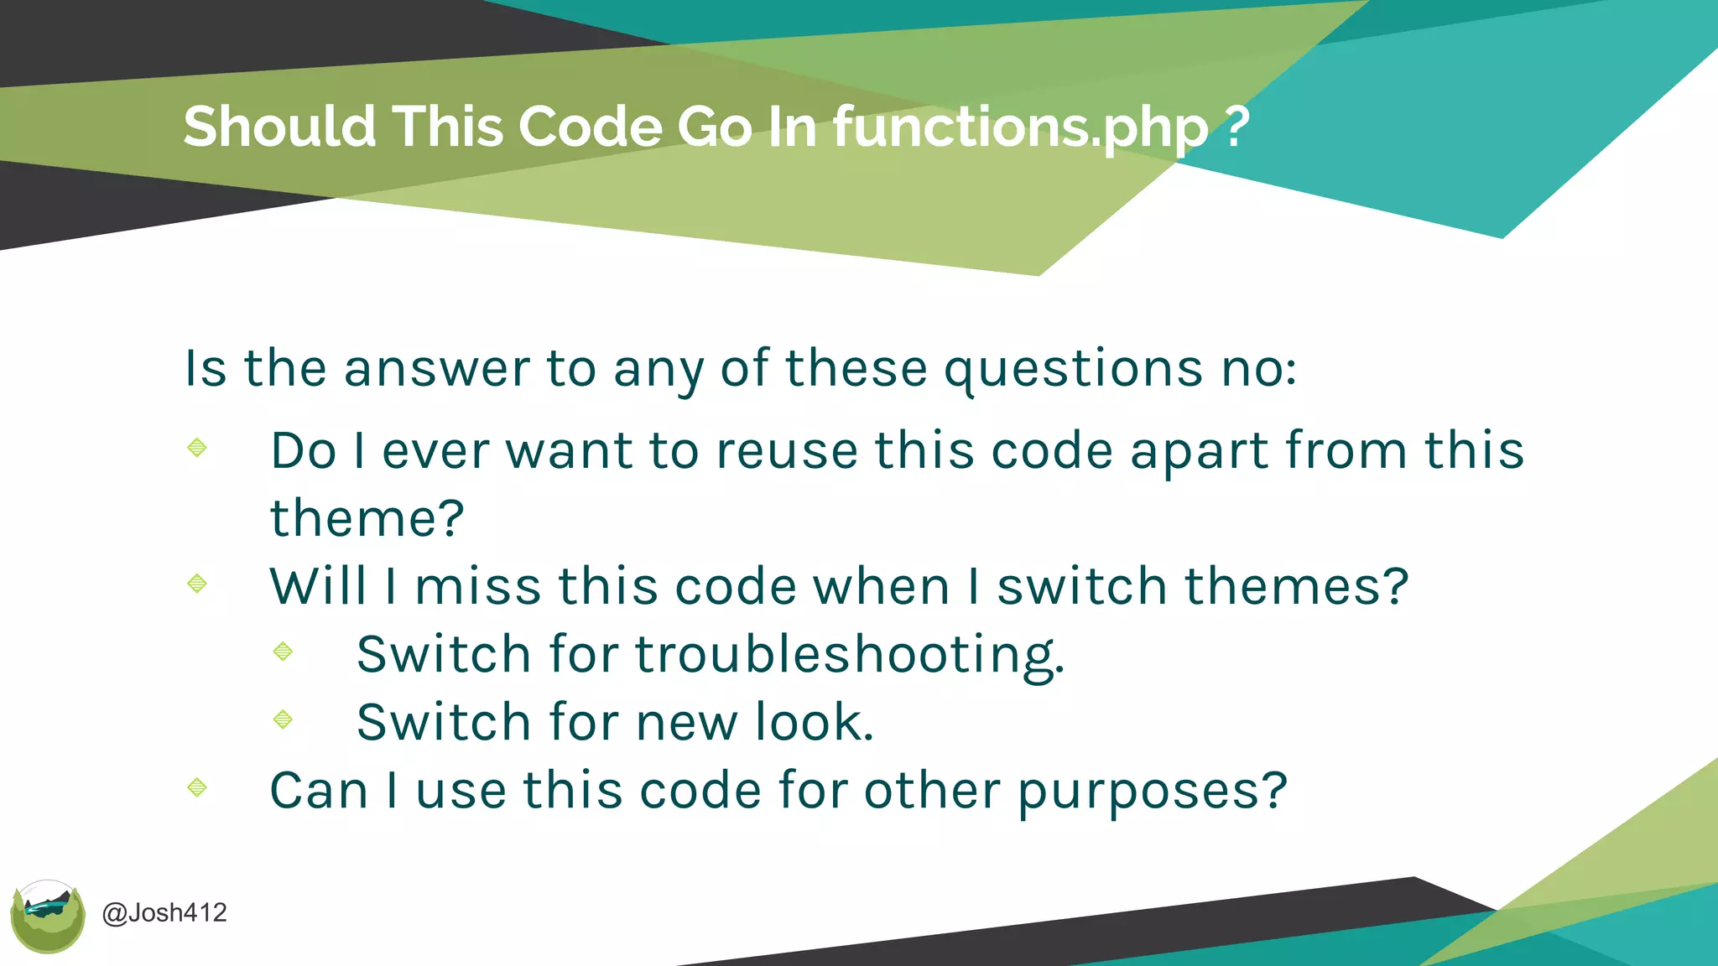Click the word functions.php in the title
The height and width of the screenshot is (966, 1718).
[1020, 127]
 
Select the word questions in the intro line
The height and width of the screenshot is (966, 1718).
[1074, 369]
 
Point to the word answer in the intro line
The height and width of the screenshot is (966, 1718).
[436, 369]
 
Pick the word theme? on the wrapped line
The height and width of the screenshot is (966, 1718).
[367, 518]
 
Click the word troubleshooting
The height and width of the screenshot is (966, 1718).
[849, 655]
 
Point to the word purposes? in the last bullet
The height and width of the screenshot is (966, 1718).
[1152, 792]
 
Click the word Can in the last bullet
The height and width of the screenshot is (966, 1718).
[319, 790]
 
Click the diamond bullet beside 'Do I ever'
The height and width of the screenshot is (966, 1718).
[197, 447]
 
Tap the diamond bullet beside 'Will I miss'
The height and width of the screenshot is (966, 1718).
[197, 583]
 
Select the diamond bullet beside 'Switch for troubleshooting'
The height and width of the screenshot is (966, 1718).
[283, 651]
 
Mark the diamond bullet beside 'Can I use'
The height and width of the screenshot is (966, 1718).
[197, 787]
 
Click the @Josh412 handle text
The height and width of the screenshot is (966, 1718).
[164, 912]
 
